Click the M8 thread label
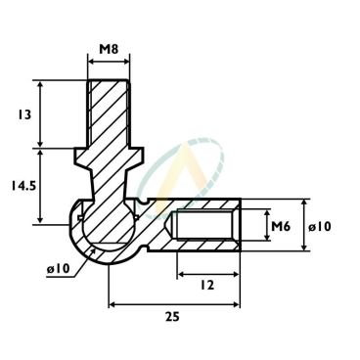(109, 50)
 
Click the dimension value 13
(23, 114)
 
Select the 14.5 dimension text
(23, 186)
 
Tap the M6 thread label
(281, 226)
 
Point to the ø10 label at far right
(320, 226)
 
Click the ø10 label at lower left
(59, 269)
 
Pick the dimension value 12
(207, 286)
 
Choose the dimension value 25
(172, 316)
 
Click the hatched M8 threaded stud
(109, 113)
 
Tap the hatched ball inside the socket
(109, 224)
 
